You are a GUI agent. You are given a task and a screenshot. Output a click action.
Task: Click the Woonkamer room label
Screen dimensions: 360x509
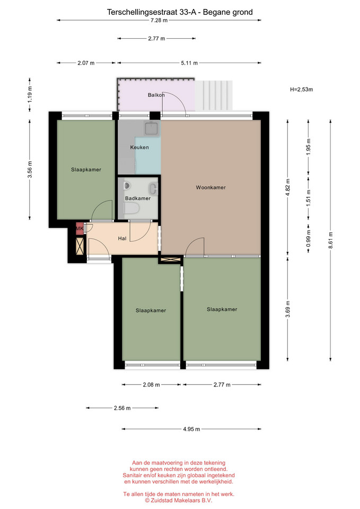click(210, 187)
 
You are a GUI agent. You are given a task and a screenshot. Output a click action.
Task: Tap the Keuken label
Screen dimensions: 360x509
click(139, 147)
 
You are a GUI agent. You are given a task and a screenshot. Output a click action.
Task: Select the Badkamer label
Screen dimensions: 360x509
click(138, 198)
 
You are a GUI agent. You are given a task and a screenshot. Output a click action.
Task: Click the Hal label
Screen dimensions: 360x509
click(122, 239)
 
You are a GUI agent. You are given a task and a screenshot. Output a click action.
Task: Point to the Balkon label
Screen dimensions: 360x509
click(156, 95)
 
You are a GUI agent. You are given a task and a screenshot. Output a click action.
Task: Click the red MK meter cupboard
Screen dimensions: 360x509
click(80, 229)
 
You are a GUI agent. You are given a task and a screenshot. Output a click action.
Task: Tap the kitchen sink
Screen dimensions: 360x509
click(152, 128)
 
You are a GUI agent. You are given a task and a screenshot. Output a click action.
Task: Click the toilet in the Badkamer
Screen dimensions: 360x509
click(131, 208)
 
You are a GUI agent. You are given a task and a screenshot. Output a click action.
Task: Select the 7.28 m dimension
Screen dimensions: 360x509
click(159, 21)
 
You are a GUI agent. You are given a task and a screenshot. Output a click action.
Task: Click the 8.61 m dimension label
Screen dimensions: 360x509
click(330, 240)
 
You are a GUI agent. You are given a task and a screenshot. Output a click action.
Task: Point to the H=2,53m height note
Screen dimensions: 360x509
click(301, 90)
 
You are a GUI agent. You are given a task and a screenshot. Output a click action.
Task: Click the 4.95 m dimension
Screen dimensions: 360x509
click(191, 429)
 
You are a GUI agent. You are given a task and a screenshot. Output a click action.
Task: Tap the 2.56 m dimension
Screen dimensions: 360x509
click(122, 408)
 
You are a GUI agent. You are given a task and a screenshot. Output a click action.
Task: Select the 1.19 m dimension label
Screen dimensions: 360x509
click(30, 95)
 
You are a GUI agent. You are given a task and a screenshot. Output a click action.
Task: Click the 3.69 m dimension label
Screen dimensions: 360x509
click(287, 310)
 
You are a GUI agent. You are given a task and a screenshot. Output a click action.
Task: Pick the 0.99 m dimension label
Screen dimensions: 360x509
click(309, 239)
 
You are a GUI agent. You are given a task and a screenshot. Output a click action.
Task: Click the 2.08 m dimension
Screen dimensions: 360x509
click(151, 385)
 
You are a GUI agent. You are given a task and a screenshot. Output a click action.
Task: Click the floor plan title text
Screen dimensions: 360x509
click(180, 12)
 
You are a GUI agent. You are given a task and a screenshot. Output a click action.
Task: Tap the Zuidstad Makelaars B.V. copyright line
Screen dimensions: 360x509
click(179, 501)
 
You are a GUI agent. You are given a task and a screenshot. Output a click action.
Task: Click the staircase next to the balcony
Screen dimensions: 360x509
click(214, 95)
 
